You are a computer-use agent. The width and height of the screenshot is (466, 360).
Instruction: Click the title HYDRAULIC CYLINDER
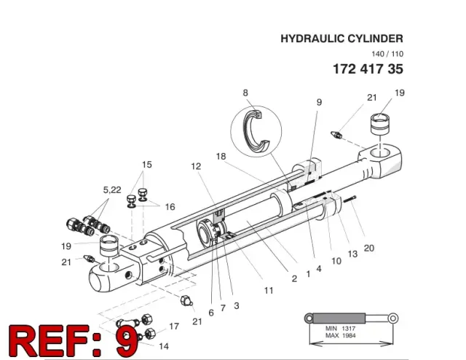tap(341, 39)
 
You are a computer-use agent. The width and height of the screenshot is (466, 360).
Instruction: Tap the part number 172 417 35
tap(368, 69)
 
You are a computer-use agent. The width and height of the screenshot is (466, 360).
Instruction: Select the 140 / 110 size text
tap(387, 54)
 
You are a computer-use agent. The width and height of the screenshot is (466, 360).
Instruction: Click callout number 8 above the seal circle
tap(245, 93)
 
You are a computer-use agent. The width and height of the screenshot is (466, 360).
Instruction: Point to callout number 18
tap(221, 156)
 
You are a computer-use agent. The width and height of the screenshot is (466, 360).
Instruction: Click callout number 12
tap(196, 166)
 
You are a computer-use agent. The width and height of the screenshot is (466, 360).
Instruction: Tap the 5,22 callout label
tap(112, 189)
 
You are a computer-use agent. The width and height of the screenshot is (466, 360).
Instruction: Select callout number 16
tap(170, 207)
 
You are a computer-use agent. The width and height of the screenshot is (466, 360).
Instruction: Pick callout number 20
tap(369, 248)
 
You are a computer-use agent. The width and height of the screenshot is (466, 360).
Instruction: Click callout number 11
tap(269, 290)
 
